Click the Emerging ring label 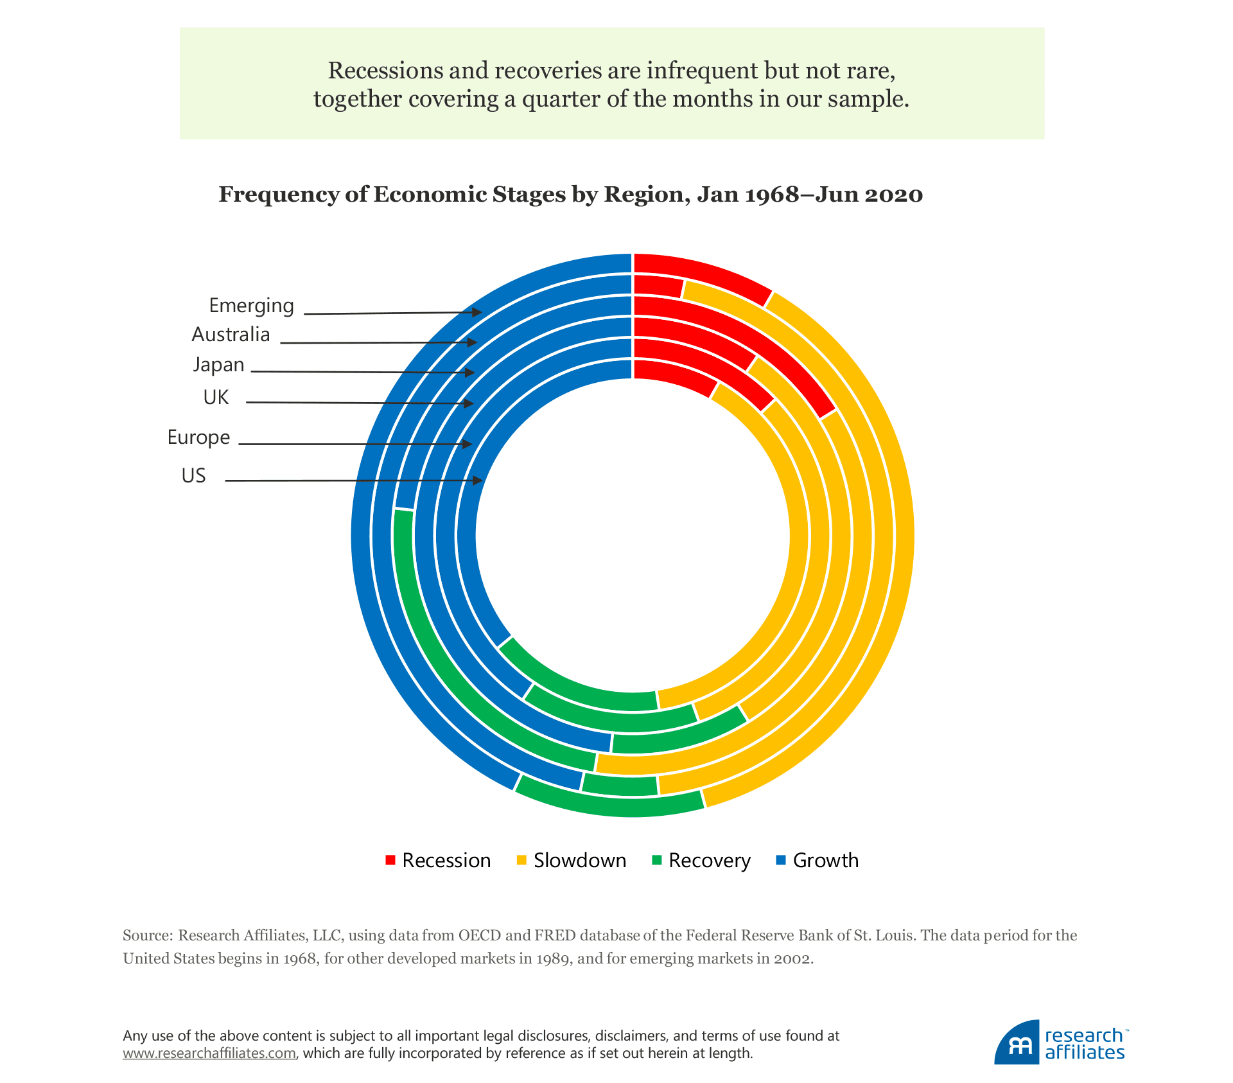(251, 306)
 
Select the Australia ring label (231, 335)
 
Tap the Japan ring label (218, 365)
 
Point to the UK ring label (216, 398)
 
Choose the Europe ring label (198, 437)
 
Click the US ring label (193, 476)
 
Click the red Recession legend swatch (390, 860)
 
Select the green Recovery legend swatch (656, 860)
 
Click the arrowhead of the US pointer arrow (478, 480)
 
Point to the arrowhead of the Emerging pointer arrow (477, 312)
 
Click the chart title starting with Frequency (570, 195)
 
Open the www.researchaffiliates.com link (209, 1053)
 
